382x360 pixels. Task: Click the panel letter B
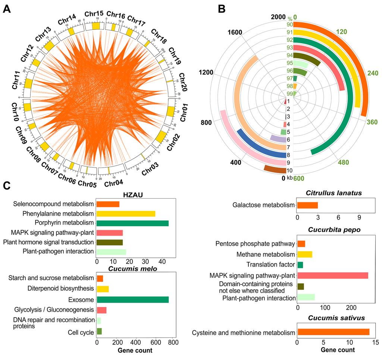point(221,9)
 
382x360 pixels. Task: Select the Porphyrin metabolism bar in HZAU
point(132,223)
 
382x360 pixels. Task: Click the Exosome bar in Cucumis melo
point(132,300)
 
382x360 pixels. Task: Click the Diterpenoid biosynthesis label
point(60,288)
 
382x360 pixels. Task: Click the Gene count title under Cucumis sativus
point(336,350)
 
